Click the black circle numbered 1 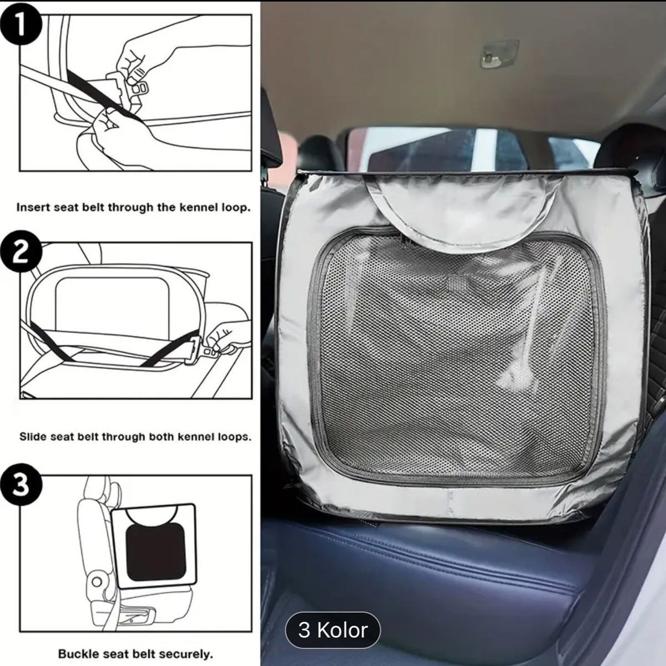(22, 27)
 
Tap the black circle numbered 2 (22, 253)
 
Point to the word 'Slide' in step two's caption (33, 437)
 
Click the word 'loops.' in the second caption (236, 437)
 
